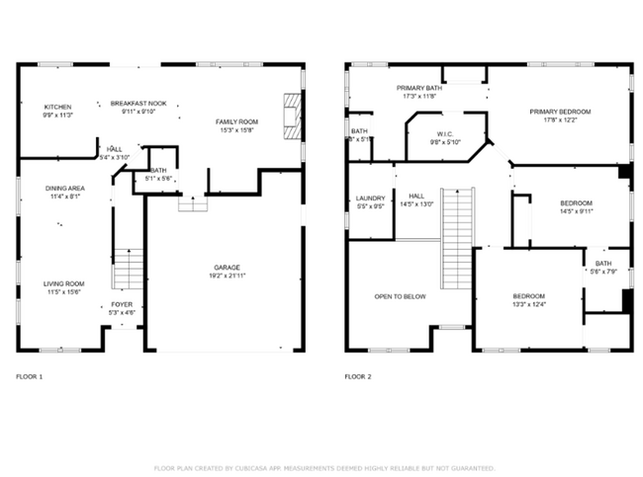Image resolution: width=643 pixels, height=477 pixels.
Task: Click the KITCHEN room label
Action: point(58,107)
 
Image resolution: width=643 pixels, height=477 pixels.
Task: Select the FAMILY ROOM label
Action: point(236,121)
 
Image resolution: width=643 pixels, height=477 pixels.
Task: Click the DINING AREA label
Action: point(63,188)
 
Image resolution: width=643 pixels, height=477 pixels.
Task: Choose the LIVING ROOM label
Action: point(63,284)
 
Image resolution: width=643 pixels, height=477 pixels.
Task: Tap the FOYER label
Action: point(122,304)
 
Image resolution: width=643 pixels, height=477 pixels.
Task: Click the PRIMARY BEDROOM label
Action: point(559,112)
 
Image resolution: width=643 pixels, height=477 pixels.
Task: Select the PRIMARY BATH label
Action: point(419,88)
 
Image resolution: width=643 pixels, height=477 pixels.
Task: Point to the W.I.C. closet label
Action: point(445,133)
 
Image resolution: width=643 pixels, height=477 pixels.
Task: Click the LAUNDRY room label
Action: point(370,199)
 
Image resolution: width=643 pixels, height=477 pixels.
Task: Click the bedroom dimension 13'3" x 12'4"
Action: point(528,305)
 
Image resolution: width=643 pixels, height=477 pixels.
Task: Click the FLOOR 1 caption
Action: point(30,376)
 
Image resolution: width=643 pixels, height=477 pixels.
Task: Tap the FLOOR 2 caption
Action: point(358,376)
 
